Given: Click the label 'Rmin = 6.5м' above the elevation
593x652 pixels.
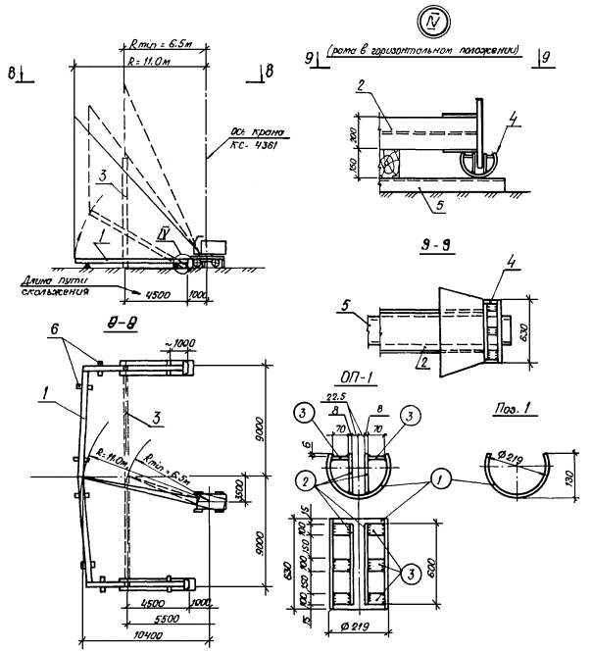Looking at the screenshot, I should point(164,44).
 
